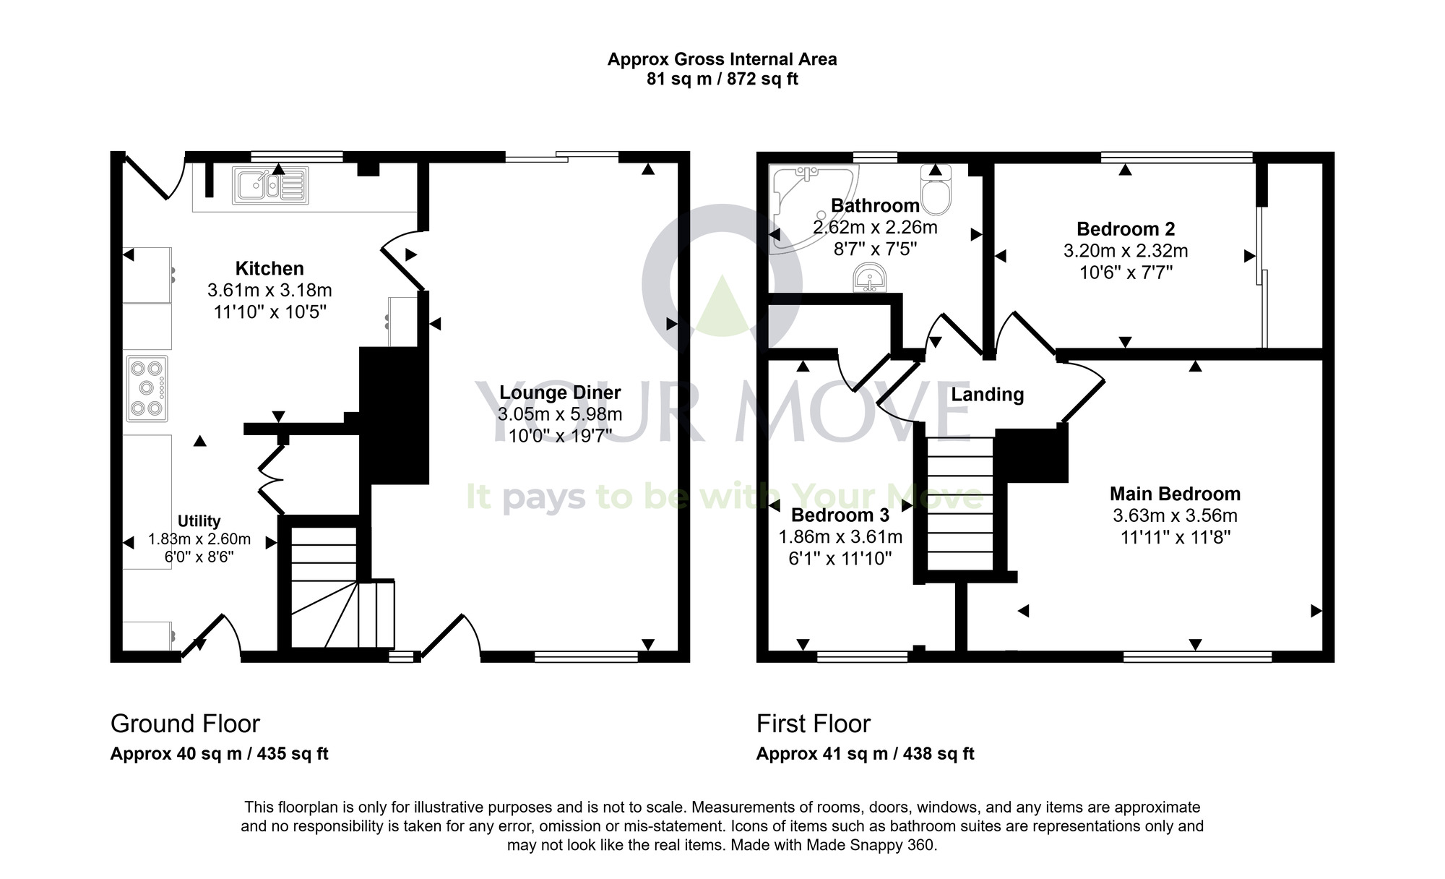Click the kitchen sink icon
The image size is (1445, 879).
pyautogui.click(x=269, y=185)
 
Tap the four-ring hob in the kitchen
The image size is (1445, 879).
pyautogui.click(x=147, y=388)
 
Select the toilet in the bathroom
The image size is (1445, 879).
pyautogui.click(x=937, y=191)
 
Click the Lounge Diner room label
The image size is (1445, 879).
pyautogui.click(x=560, y=393)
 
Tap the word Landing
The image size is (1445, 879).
pyautogui.click(x=987, y=395)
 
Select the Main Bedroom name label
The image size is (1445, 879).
pyautogui.click(x=1175, y=494)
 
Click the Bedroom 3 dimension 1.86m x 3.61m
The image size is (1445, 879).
pyautogui.click(x=840, y=537)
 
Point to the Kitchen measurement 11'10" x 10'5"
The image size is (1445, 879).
pyautogui.click(x=269, y=312)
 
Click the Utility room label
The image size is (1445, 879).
pyautogui.click(x=199, y=521)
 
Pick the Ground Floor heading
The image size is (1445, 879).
pyautogui.click(x=185, y=724)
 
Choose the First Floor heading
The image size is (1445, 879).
pyautogui.click(x=813, y=724)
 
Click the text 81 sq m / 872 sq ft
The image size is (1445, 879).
pyautogui.click(x=722, y=80)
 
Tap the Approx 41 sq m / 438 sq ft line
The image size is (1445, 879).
pyautogui.click(x=865, y=754)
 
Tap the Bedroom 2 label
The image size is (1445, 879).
pyautogui.click(x=1125, y=229)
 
